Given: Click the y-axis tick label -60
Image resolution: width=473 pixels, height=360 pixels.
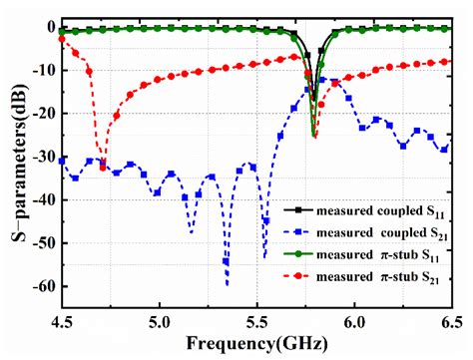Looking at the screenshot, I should tap(41, 287).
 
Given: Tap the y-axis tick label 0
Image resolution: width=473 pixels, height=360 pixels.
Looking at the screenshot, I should tap(49, 27).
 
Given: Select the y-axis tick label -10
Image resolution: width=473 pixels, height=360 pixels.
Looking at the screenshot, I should tap(41, 71).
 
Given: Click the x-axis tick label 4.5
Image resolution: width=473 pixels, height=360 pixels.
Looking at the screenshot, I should tap(62, 321).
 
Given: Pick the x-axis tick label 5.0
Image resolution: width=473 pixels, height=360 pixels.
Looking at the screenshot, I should tap(159, 321).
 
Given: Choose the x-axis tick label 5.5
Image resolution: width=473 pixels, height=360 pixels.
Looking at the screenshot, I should tap(256, 321).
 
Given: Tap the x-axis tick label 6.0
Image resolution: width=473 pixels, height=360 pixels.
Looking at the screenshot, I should tap(354, 321).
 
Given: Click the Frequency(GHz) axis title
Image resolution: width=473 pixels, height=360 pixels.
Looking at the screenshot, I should tap(256, 345).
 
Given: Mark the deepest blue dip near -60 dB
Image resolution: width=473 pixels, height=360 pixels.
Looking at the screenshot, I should tap(227, 285).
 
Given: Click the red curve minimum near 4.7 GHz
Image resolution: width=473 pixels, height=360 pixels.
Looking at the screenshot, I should tap(104, 169).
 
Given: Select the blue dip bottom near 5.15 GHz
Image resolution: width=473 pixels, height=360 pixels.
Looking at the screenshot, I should tap(191, 233).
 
